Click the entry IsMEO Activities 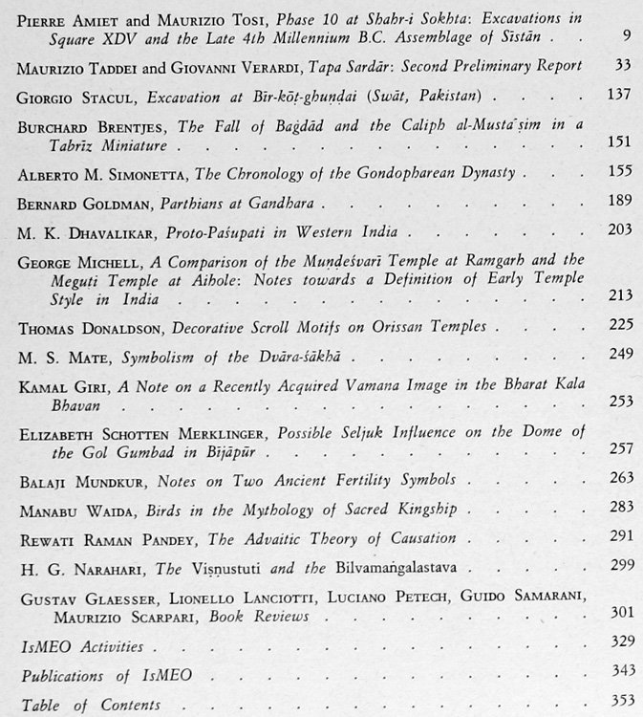[x=77, y=646]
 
